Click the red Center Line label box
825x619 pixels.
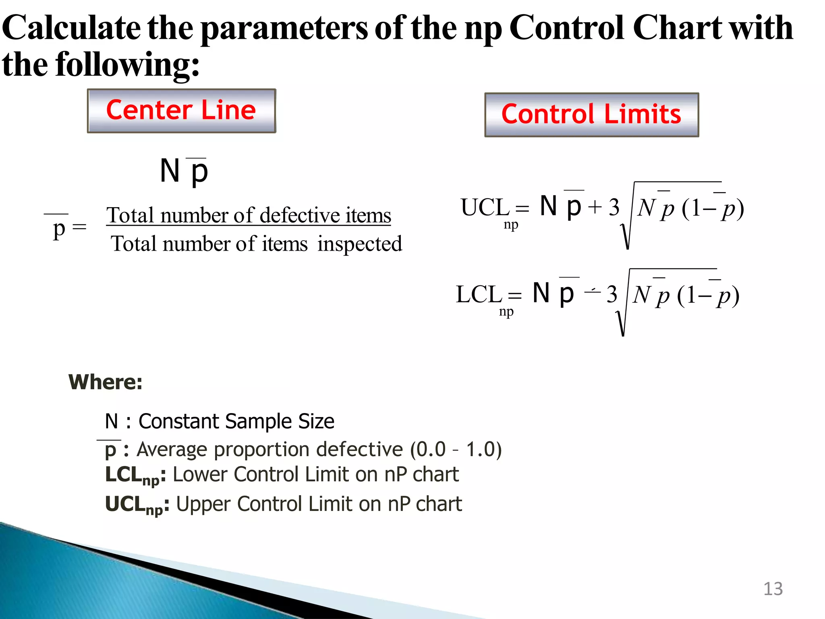coord(181,111)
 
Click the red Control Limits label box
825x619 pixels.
coord(591,114)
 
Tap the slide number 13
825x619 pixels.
coord(773,589)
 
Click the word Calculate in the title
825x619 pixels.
coord(71,28)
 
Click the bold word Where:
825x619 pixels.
coord(106,382)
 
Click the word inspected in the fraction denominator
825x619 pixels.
coord(359,244)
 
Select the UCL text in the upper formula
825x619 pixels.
coord(485,208)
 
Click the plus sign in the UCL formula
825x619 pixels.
coord(595,208)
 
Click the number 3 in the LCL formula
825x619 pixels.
coord(612,295)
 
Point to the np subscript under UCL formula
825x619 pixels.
coord(511,225)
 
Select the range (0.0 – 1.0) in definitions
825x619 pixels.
coord(456,449)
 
